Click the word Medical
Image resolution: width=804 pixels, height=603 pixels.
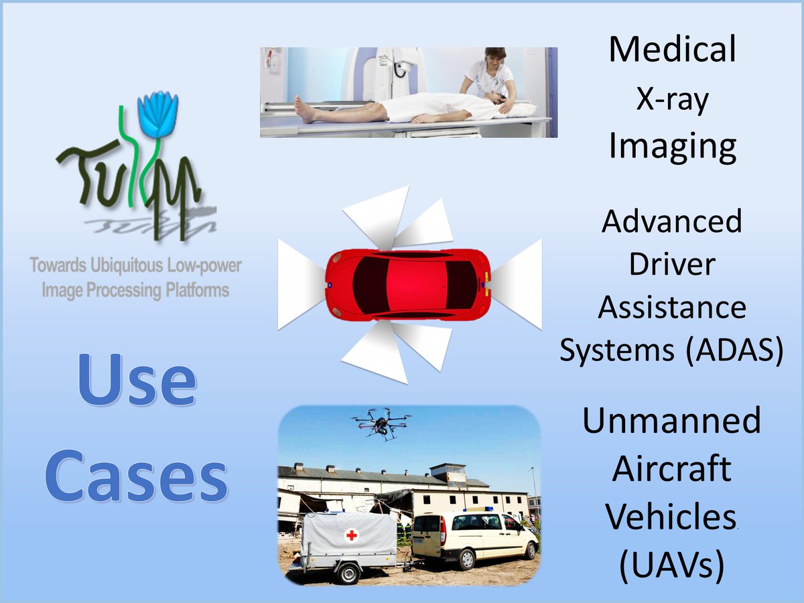(x=672, y=50)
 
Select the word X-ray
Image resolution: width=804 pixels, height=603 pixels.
(x=672, y=100)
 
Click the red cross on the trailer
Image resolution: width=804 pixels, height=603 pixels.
(x=352, y=535)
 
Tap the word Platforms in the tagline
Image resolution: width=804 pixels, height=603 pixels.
(x=196, y=290)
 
